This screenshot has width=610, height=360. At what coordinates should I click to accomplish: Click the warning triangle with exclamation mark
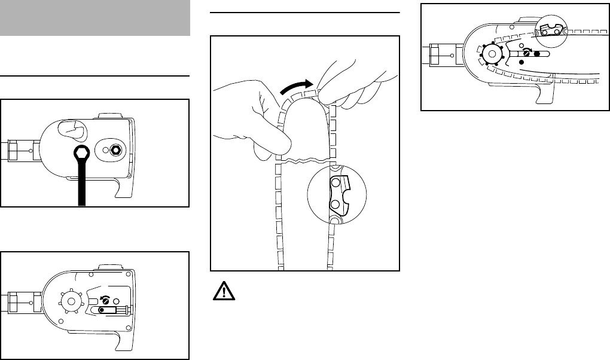(221, 291)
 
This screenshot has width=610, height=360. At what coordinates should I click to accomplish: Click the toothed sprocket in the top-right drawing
(492, 54)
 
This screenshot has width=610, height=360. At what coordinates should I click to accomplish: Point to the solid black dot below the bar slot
(521, 63)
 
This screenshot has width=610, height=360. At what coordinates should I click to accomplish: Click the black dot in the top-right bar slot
(537, 53)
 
